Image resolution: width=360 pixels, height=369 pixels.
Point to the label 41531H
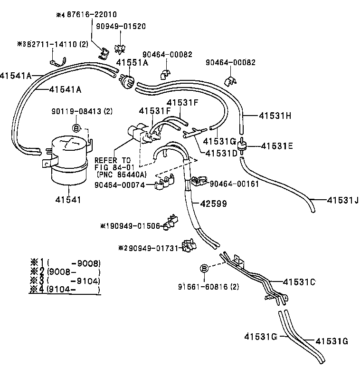click(x=275, y=115)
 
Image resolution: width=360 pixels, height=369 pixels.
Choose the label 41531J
click(x=342, y=200)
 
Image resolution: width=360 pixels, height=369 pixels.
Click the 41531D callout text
click(x=221, y=153)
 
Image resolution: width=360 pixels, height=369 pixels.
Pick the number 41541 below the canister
click(x=68, y=200)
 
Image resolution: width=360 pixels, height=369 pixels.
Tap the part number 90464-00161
click(x=234, y=184)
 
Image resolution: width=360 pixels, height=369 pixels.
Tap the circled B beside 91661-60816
click(x=204, y=269)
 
